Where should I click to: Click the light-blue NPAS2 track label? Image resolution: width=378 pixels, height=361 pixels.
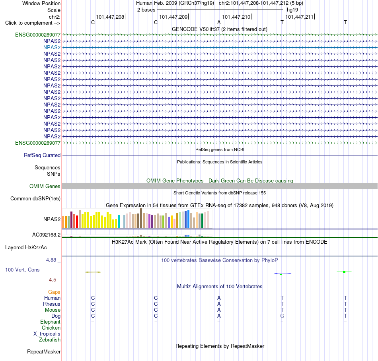pos(52,47)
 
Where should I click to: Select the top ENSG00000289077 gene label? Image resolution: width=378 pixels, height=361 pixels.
pos(38,35)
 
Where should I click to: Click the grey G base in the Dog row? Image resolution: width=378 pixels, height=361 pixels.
pos(282,316)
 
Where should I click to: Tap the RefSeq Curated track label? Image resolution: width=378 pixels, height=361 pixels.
pos(42,155)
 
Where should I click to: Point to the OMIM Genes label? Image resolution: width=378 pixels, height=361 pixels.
pos(45,186)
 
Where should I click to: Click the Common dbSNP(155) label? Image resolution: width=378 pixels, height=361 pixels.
pos(35,198)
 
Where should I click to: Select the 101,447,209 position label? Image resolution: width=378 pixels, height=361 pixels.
pos(173,17)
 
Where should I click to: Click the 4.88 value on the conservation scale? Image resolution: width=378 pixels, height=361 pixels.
pos(51,260)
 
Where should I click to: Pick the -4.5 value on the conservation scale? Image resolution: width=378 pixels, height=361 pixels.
pos(52,279)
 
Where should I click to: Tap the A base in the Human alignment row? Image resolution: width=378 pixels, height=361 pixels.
pos(219,298)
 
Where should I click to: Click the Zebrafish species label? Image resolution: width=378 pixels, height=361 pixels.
pos(50,340)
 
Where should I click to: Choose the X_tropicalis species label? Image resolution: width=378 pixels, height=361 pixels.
pos(47,334)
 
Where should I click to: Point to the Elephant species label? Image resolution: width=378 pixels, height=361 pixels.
pos(51,322)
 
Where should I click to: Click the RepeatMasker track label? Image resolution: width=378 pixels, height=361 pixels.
pos(44,351)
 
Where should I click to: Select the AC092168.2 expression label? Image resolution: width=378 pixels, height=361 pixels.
pos(47,235)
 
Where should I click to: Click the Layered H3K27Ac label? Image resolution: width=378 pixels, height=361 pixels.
pos(26,247)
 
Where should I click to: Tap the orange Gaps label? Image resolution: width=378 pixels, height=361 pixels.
pos(54,292)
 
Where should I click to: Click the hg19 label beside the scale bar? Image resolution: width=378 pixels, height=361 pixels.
pos(292,10)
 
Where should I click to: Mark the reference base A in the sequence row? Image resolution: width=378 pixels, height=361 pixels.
pos(219,22)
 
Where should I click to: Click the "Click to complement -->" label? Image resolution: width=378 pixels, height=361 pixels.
pos(33,23)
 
